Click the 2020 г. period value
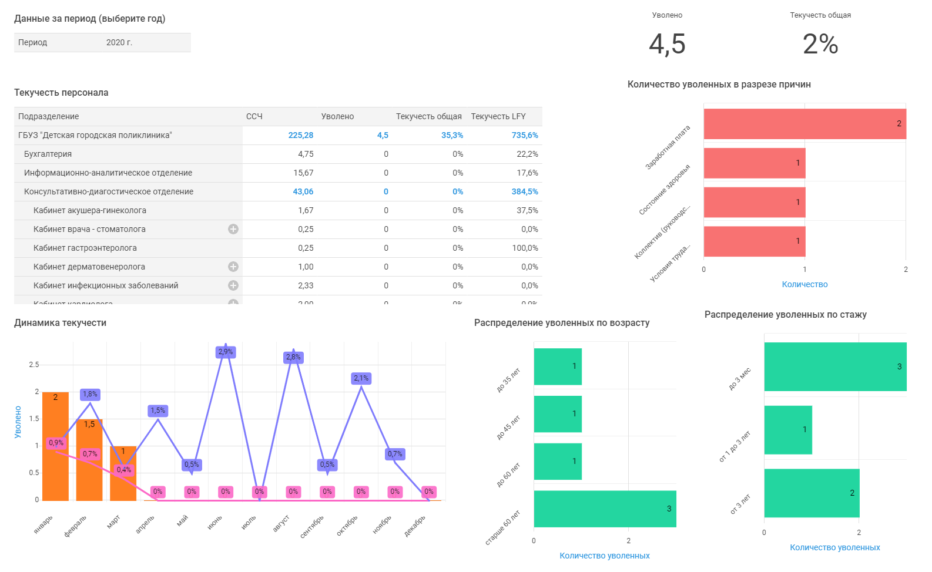click(x=119, y=42)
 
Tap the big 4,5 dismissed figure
click(x=667, y=44)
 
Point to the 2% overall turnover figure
click(x=820, y=44)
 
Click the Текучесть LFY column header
click(x=498, y=116)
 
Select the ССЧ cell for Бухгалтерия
click(x=306, y=154)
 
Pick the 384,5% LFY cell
click(x=525, y=191)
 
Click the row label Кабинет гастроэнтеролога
click(x=85, y=248)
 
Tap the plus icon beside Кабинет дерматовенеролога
click(x=233, y=267)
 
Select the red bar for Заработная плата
click(x=804, y=124)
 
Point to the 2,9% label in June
click(x=226, y=352)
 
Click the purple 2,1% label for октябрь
click(x=361, y=378)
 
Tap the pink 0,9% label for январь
click(x=56, y=443)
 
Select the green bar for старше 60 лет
click(x=605, y=509)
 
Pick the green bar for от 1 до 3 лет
click(x=788, y=430)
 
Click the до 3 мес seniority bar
click(x=835, y=366)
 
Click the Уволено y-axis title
click(x=18, y=422)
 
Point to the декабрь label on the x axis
click(x=415, y=526)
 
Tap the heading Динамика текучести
click(x=60, y=322)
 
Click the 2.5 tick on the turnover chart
click(x=34, y=365)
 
